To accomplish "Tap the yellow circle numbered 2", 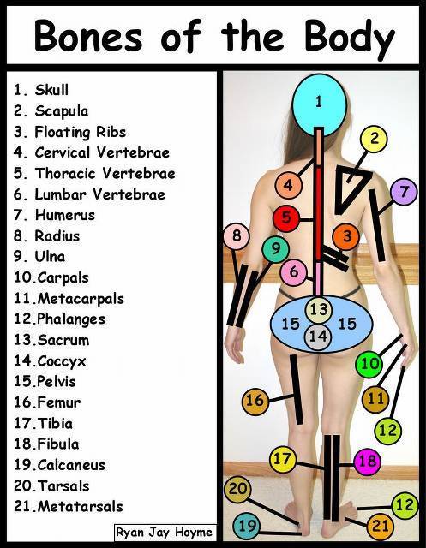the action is pyautogui.click(x=374, y=139).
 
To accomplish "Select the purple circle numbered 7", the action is pyautogui.click(x=404, y=192).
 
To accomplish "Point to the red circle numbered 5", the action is pyautogui.click(x=286, y=218).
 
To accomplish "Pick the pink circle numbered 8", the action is pyautogui.click(x=237, y=236).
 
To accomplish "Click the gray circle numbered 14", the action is pyautogui.click(x=318, y=337).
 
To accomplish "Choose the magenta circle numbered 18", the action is pyautogui.click(x=367, y=462).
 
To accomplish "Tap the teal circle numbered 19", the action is pyautogui.click(x=247, y=526).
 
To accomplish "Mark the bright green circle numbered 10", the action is pyautogui.click(x=369, y=364).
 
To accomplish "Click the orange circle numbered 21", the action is pyautogui.click(x=381, y=526).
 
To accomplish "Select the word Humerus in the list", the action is pyautogui.click(x=65, y=215).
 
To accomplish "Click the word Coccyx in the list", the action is pyautogui.click(x=62, y=361).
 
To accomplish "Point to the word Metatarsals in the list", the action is pyautogui.click(x=80, y=507).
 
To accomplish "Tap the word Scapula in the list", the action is pyautogui.click(x=62, y=112).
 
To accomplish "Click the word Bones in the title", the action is pyautogui.click(x=89, y=36).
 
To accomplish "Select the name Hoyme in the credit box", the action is pyautogui.click(x=194, y=533).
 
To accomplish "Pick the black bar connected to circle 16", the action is pyautogui.click(x=297, y=390).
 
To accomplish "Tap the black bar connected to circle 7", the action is pyautogui.click(x=377, y=225).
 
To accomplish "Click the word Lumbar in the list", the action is pyautogui.click(x=60, y=194).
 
